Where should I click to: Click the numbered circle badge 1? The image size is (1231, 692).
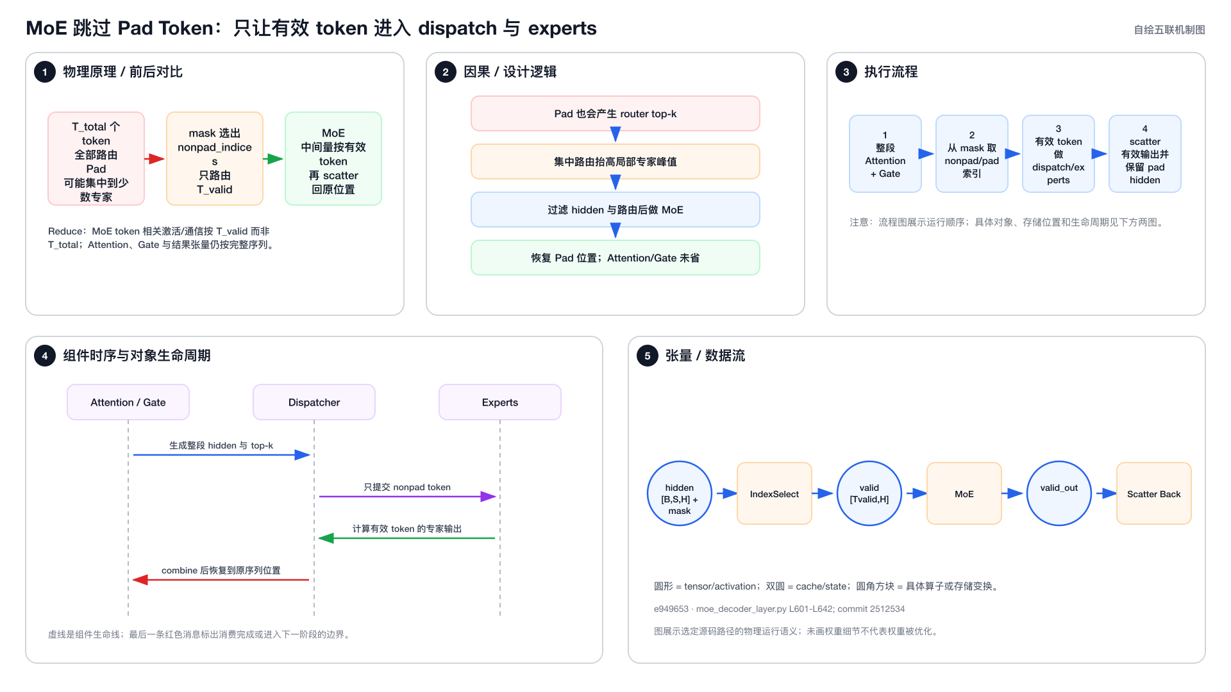tap(45, 72)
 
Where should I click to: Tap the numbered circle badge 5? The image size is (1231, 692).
tap(648, 356)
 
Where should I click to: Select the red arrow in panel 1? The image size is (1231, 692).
tap(155, 159)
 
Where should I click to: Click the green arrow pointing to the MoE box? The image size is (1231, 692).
tap(273, 159)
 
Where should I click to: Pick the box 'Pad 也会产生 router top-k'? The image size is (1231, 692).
tap(615, 113)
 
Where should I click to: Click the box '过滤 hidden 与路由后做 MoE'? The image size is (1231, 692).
tap(615, 210)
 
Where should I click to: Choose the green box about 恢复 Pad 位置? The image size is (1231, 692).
tap(615, 258)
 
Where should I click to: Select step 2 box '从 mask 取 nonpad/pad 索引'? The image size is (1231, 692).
tap(972, 154)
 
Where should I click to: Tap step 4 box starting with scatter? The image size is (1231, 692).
tap(1145, 154)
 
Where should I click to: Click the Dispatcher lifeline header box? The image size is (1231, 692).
tap(314, 402)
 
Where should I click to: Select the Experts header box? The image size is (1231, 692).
tap(500, 402)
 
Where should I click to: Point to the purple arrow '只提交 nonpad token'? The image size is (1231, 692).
tap(407, 497)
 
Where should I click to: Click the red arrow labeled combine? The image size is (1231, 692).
tap(221, 580)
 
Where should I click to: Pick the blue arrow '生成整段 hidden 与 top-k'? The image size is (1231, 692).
tap(221, 455)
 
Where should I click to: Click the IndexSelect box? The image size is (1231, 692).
tap(775, 493)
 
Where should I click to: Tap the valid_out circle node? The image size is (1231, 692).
tap(1059, 493)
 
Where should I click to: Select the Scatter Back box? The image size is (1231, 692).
tap(1154, 493)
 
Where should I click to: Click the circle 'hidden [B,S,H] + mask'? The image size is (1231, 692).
tap(680, 493)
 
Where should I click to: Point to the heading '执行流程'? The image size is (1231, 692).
tap(891, 72)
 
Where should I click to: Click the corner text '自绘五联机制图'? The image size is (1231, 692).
tap(1169, 29)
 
